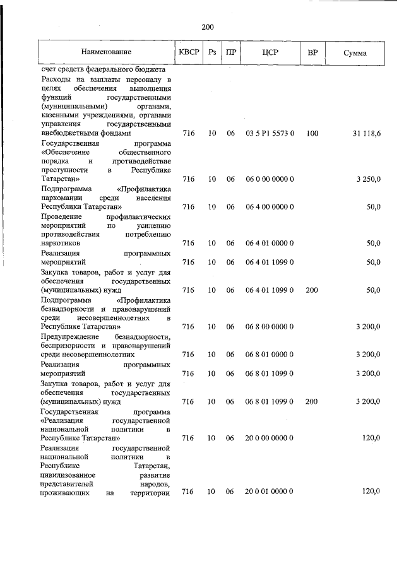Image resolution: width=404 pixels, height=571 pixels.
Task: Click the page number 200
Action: point(208,26)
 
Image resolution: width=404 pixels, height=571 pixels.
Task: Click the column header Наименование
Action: point(106,52)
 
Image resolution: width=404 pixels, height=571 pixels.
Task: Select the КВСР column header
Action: point(188,52)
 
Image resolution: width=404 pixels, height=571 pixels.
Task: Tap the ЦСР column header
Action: point(270,52)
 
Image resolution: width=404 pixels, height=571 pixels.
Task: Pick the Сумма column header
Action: point(355,52)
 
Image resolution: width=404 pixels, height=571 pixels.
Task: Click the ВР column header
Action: point(312,52)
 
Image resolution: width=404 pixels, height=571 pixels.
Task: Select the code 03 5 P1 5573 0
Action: point(270,133)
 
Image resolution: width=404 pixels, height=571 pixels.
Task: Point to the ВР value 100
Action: point(312,133)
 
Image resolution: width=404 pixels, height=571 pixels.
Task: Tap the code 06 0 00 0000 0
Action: point(270,179)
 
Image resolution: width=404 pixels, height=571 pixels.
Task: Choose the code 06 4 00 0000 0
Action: point(270,207)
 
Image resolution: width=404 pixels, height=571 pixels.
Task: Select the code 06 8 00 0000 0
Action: point(270,327)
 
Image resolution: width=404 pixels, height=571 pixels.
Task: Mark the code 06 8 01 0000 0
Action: point(270,355)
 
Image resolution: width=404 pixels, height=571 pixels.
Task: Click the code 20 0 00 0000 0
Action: point(270,437)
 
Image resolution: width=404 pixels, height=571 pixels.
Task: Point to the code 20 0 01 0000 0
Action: point(270,492)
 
